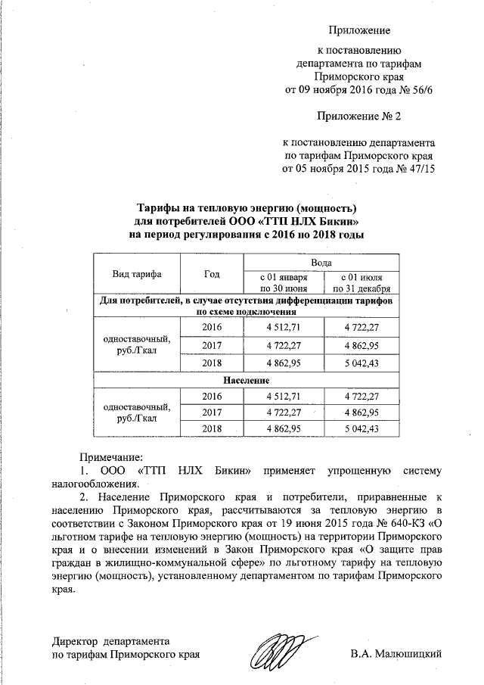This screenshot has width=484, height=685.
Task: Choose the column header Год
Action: (x=213, y=274)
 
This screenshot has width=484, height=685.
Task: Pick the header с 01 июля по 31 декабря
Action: (x=360, y=282)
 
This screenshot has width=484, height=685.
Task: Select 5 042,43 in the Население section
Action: (x=360, y=428)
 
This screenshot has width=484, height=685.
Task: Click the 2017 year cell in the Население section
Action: (x=213, y=413)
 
